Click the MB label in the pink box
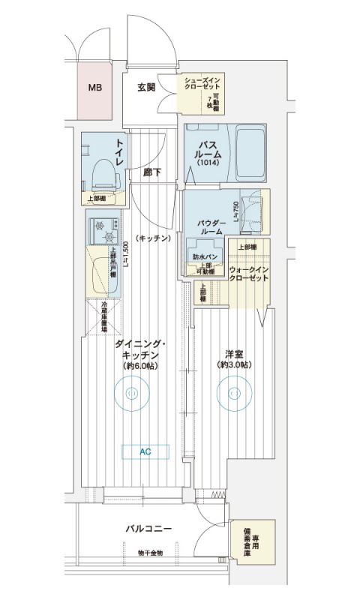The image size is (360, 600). pos(94,88)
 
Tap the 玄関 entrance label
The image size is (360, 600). pos(147,87)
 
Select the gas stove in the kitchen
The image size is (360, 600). pos(103,229)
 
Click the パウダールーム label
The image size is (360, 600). pos(211,227)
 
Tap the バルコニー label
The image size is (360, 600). pos(148,529)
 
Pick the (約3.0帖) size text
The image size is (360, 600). pos(234,365)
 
